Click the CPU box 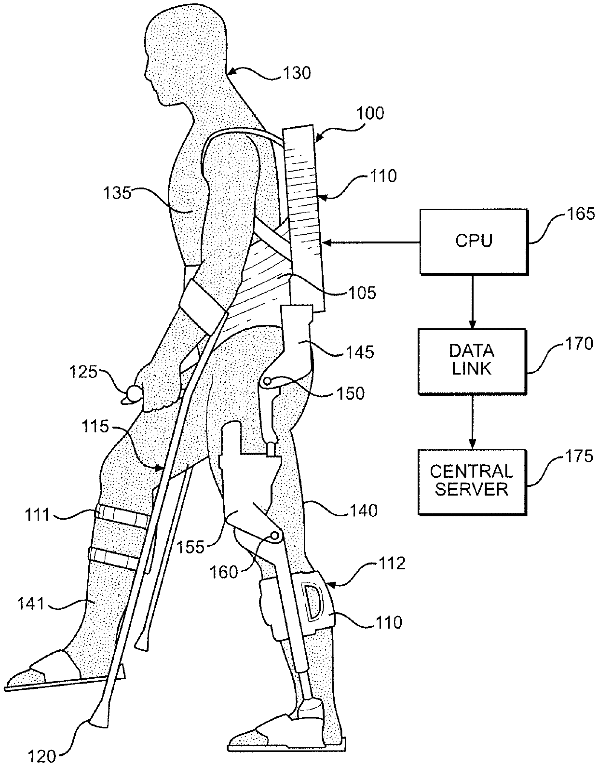[x=474, y=241]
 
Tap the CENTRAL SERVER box [x=472, y=481]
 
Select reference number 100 [x=370, y=113]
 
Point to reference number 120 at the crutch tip [x=43, y=755]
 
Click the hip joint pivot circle [x=267, y=382]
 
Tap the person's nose [x=146, y=73]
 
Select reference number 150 [x=351, y=393]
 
